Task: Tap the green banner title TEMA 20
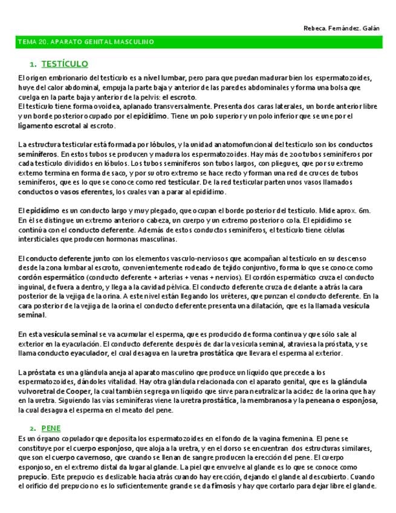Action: pos(85,42)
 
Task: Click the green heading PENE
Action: pos(51,428)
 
